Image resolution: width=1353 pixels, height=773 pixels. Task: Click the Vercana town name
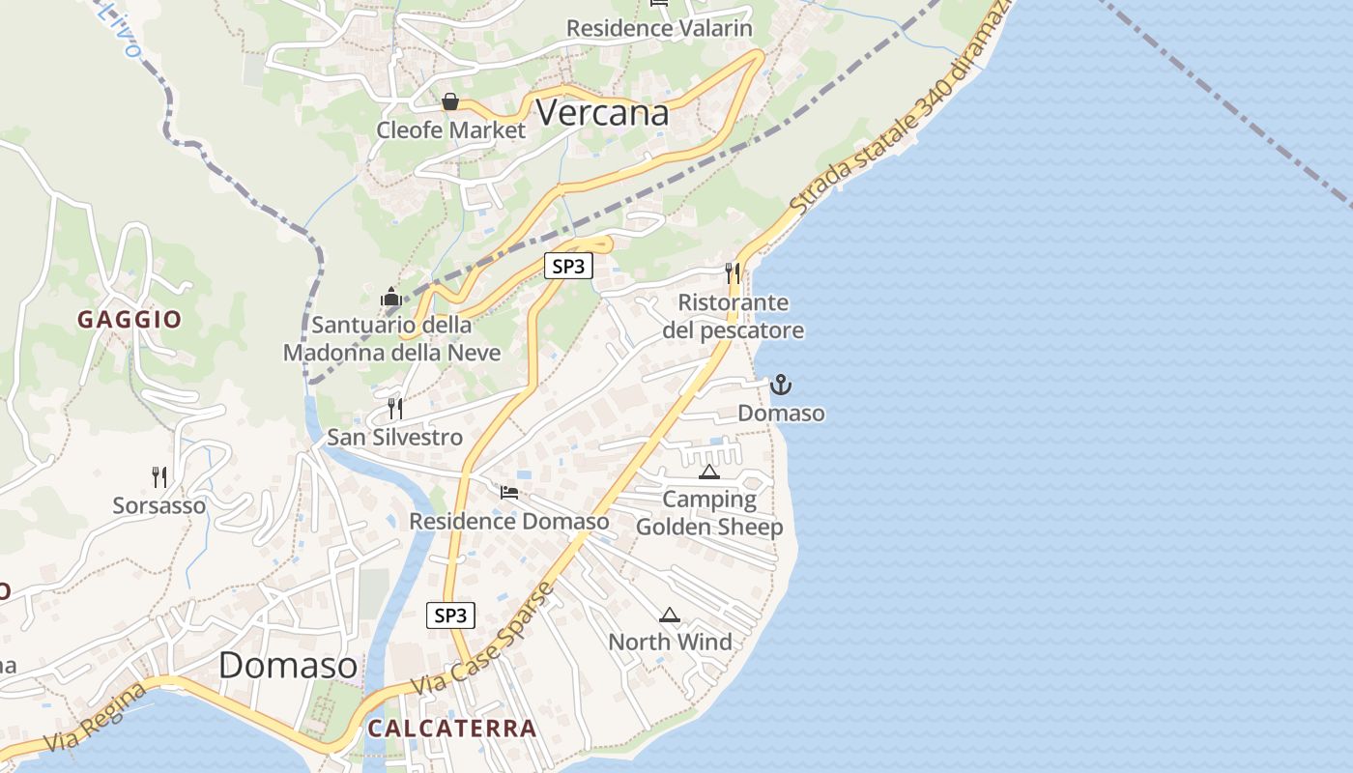point(602,113)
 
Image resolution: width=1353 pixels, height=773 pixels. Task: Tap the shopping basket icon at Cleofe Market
point(450,101)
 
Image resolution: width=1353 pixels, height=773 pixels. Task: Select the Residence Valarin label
point(659,28)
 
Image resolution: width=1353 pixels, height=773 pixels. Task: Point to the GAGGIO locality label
point(130,320)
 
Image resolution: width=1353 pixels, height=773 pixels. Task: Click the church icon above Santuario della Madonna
point(390,297)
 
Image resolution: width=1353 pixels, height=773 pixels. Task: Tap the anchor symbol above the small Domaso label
point(780,386)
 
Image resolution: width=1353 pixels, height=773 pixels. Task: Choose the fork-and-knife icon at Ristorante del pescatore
point(733,273)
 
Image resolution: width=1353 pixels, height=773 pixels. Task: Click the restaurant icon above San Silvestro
point(394,409)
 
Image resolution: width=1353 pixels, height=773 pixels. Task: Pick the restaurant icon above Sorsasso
point(159,476)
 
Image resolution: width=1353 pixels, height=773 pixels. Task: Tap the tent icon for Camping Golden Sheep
point(709,472)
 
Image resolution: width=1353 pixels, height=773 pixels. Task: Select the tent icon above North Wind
point(670,615)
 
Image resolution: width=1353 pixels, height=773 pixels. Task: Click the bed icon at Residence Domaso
point(509,493)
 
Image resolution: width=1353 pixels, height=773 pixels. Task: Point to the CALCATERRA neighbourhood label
point(451,729)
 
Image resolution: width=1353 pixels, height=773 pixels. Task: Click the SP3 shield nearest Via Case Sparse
point(450,615)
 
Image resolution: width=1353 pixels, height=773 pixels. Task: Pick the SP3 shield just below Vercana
point(568,266)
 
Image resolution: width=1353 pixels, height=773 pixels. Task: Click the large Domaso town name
point(288,665)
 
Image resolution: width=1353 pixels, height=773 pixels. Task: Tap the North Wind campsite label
point(670,642)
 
